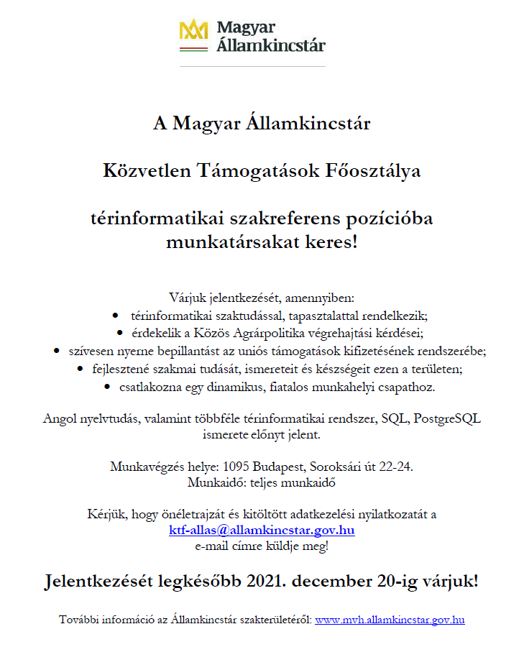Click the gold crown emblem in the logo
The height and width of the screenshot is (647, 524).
[193, 29]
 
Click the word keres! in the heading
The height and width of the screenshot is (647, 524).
[330, 242]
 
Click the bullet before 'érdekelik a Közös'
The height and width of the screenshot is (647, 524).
[120, 333]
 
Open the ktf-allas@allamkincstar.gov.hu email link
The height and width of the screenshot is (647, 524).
[262, 531]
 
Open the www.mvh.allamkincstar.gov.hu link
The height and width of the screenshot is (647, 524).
[390, 620]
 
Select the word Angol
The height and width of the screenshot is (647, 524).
[61, 418]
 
